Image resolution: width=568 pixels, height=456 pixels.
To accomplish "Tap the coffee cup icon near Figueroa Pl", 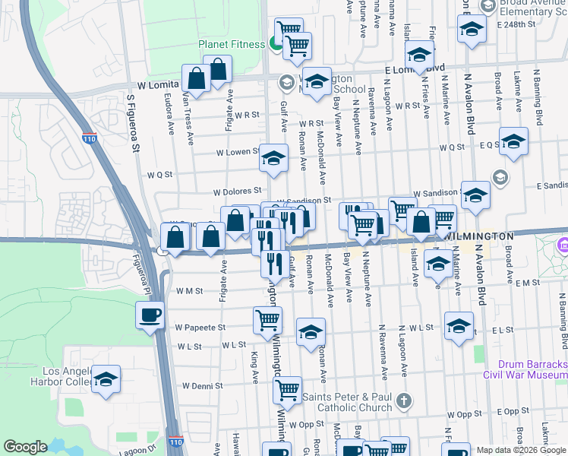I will [x=149, y=313].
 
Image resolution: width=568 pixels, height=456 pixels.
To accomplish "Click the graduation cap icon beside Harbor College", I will [x=106, y=378].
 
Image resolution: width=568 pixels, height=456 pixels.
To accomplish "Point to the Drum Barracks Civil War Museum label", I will [x=525, y=369].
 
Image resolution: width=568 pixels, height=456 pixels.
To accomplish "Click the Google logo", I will [x=26, y=447].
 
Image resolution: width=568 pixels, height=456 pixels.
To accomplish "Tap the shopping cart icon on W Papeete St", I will [x=267, y=320].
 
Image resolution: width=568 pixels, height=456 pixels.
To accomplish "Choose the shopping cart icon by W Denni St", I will [x=287, y=389].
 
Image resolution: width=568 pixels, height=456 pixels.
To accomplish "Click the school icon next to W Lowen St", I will [x=274, y=157].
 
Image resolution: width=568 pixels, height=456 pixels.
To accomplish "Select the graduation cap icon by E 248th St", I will [x=472, y=30].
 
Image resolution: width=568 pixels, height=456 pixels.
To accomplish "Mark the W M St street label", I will [x=188, y=290].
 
